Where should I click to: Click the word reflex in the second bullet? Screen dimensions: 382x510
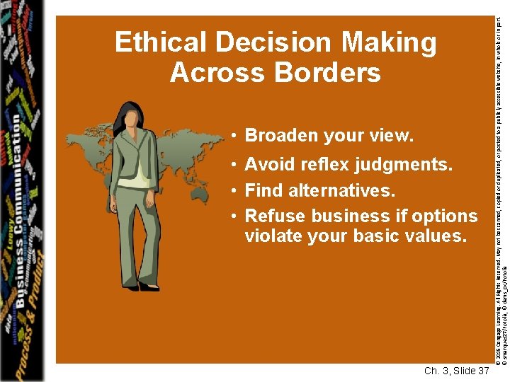point(323,165)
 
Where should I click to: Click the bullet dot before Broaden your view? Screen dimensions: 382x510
point(232,136)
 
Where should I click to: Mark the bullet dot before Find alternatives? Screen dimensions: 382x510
point(232,191)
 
